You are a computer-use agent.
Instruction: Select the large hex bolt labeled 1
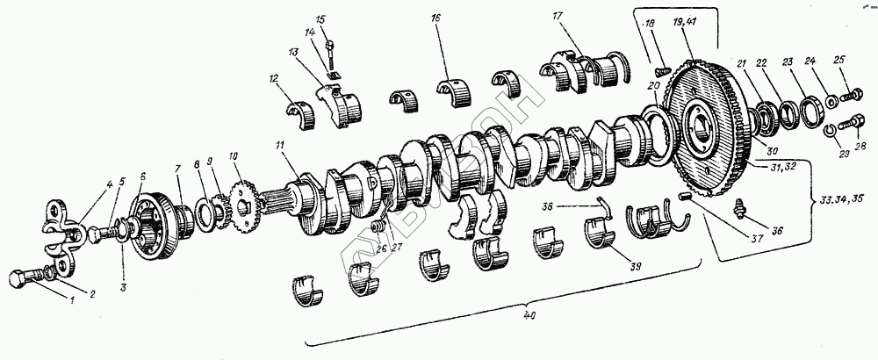25,280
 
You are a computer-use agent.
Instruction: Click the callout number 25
840,59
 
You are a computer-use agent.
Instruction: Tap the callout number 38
572,208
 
